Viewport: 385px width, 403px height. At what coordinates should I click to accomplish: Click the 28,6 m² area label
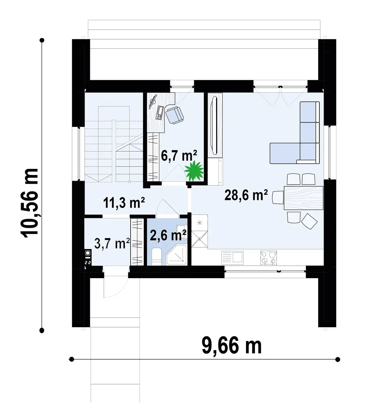[246, 195]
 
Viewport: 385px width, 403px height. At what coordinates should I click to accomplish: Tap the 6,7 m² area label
[179, 156]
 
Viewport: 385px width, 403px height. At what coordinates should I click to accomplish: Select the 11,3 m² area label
[124, 203]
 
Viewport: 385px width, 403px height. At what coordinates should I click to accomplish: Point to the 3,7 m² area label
[112, 243]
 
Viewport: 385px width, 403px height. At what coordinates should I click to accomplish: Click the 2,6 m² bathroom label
[168, 235]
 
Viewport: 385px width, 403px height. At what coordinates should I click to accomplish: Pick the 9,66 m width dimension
[231, 346]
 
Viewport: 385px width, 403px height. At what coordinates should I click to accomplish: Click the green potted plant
[194, 171]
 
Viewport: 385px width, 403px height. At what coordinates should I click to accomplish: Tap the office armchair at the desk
[174, 115]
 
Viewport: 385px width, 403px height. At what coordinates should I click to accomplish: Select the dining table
[303, 198]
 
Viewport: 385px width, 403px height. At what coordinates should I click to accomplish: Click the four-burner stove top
[269, 258]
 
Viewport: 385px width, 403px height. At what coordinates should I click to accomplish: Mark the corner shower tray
[176, 255]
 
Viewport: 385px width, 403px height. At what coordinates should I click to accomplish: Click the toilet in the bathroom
[156, 256]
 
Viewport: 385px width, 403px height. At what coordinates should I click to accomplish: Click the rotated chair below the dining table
[309, 221]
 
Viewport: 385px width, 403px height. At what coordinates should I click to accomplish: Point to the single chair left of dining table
[278, 197]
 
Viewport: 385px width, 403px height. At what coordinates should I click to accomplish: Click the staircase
[114, 144]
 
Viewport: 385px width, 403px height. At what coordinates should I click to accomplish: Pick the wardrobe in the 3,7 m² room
[137, 242]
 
